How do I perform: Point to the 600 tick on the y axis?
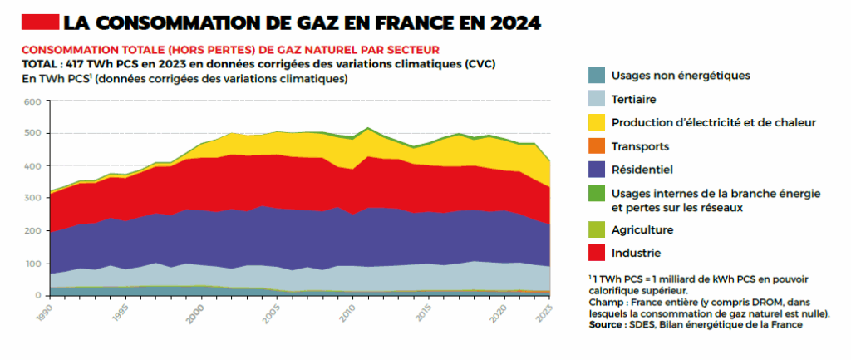(x=32, y=102)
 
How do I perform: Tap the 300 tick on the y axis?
(x=32, y=199)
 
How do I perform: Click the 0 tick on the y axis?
(x=37, y=295)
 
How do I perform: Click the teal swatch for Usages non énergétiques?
(x=596, y=75)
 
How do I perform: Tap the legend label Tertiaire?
(x=633, y=99)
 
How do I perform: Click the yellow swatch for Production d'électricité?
(x=596, y=122)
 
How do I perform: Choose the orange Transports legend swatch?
(x=596, y=146)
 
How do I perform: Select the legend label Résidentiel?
(x=642, y=170)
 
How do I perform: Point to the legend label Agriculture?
(x=642, y=229)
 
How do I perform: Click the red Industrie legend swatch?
(x=596, y=253)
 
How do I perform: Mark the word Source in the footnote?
(x=608, y=324)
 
